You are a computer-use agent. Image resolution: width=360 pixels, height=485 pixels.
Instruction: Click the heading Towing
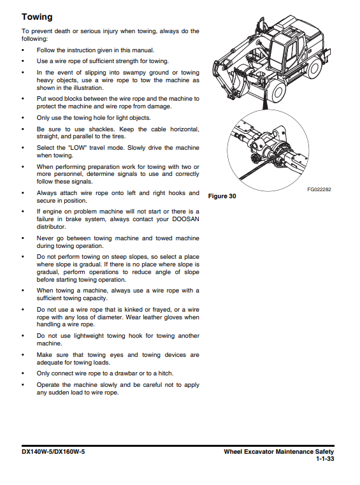37,17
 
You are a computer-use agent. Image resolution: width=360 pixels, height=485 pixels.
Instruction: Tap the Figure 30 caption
222,196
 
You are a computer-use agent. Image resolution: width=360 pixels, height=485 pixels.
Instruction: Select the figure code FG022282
319,189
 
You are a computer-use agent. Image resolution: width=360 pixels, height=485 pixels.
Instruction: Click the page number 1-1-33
325,459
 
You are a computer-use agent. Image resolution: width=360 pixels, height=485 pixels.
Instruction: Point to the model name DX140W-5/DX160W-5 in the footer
53,452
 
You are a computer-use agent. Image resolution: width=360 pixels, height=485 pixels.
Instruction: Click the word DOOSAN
185,219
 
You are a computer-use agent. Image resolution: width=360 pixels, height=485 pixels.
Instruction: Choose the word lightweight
89,336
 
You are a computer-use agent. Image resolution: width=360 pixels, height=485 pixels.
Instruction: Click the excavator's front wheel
277,92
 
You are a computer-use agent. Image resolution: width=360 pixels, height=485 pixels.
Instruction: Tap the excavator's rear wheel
315,68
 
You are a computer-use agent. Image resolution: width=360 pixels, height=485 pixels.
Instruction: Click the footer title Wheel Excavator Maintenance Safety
279,452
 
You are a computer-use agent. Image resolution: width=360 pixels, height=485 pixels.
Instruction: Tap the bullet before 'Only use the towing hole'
23,118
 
